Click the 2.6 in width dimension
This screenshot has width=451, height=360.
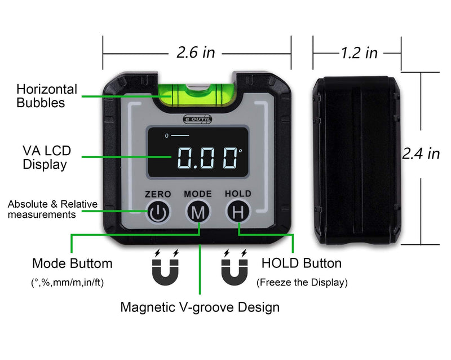coord(196,52)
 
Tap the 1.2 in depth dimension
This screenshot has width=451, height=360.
coord(359,53)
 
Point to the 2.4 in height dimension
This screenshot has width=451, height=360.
coord(421,153)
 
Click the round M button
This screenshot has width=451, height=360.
coord(198,212)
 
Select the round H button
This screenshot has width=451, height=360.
coord(238,212)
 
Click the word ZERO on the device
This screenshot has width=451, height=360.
coord(158,194)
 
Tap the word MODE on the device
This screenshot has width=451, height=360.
coord(198,194)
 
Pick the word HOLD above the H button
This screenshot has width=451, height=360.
coord(238,194)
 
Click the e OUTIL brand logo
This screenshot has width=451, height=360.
coord(197,119)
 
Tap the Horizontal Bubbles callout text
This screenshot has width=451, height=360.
coord(47,96)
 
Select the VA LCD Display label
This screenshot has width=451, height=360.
coord(47,157)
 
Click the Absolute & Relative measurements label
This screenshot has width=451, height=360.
coord(52,209)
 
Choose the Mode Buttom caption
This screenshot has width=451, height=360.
coord(72,264)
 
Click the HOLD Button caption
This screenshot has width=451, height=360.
coord(302,264)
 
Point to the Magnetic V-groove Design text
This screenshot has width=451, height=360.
coord(200,308)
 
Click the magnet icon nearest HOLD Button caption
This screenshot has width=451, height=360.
coord(235,267)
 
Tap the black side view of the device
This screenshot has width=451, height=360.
coord(357,160)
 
